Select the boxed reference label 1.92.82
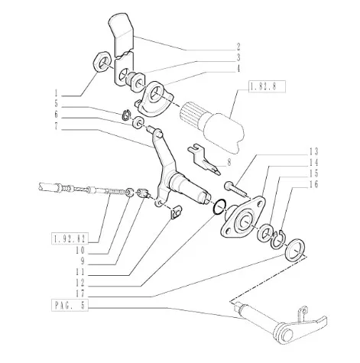tap(70, 239)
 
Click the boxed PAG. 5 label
tap(70, 305)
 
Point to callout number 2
tap(238, 47)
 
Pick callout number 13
tap(313, 152)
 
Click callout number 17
tap(79, 293)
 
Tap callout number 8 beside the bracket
tap(229, 162)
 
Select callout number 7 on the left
tap(56, 126)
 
